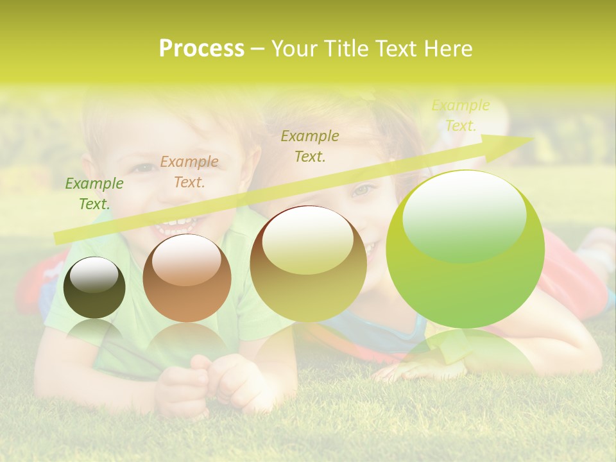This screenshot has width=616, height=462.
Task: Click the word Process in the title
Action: [201, 49]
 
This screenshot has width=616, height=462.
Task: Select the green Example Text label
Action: [94, 194]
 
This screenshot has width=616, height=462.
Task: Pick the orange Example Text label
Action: [189, 172]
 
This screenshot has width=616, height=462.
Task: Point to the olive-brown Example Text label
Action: [310, 146]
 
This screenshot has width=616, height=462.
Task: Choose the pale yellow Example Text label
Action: [460, 116]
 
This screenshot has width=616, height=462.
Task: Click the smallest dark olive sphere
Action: [94, 288]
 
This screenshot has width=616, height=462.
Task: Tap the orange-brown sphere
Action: [187, 278]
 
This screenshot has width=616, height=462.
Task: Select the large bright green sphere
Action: [465, 250]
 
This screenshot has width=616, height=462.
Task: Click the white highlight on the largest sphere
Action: [465, 215]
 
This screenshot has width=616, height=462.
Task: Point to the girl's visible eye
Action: [363, 190]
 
